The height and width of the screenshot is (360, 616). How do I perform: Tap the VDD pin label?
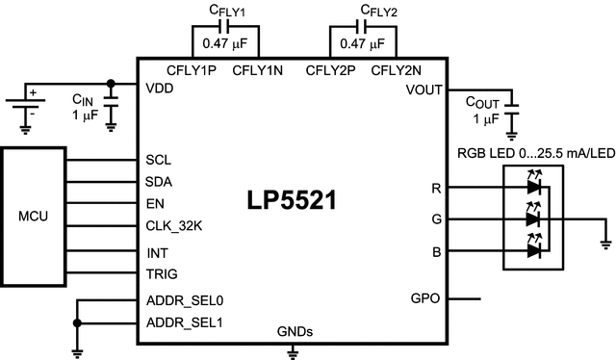pos(160,90)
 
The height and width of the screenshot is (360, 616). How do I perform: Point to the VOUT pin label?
pos(423,90)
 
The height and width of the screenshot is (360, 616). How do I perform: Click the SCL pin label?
pos(158,160)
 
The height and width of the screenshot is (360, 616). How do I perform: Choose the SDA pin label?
pos(159,181)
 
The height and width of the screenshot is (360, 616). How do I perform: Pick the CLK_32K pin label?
pos(173,226)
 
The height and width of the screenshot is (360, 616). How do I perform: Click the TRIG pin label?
pos(161,274)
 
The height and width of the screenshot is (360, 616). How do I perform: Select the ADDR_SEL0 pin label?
pos(185,300)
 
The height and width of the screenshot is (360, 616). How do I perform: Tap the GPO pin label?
pos(425,298)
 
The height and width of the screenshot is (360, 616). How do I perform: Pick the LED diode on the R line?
pos(531,189)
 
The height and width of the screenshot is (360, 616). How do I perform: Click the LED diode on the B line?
pos(531,250)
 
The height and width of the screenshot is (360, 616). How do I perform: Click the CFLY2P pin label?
pos(330,69)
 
